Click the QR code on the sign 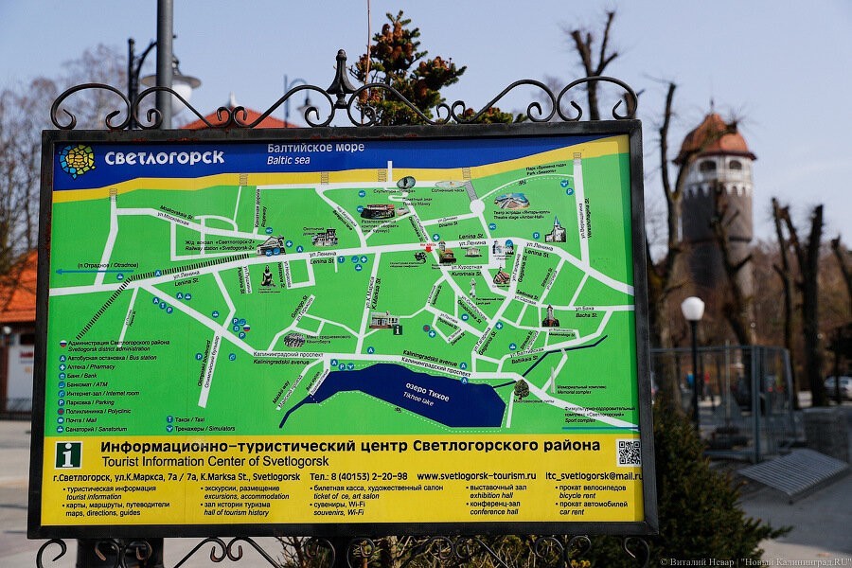pyautogui.click(x=629, y=453)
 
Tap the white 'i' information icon pyautogui.click(x=68, y=455)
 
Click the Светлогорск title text pyautogui.click(x=164, y=157)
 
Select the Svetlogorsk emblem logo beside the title pyautogui.click(x=78, y=161)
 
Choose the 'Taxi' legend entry pyautogui.click(x=186, y=418)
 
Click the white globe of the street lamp pyautogui.click(x=693, y=309)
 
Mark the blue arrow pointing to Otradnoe pyautogui.click(x=80, y=272)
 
